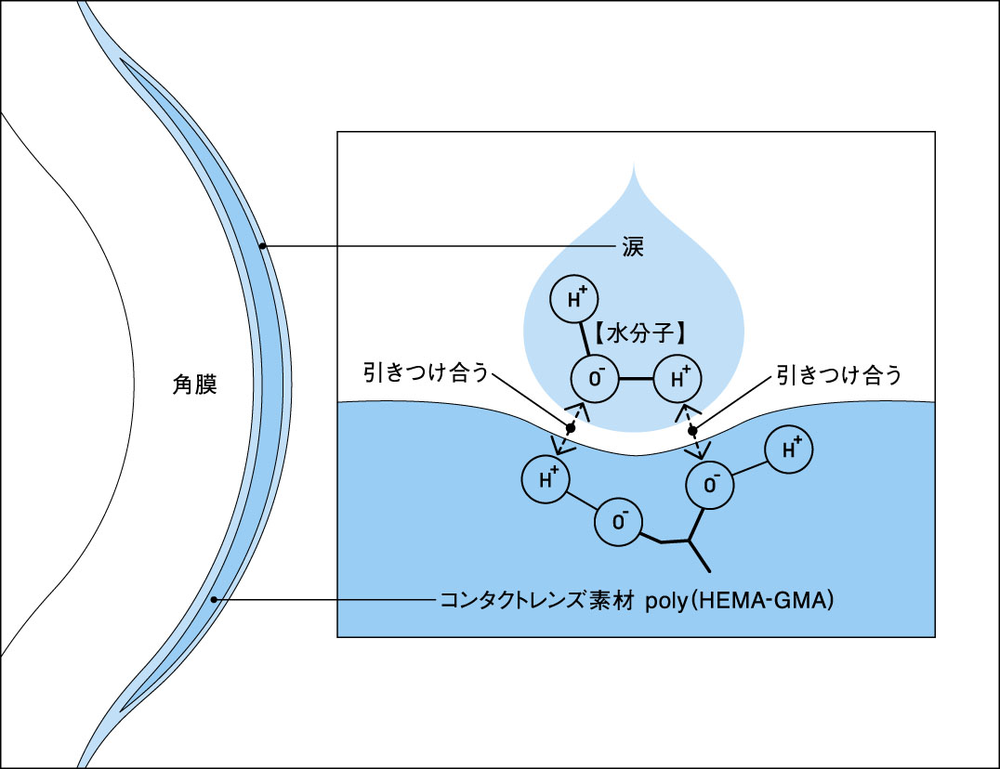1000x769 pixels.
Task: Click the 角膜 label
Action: coord(194,384)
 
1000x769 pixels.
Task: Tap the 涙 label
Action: coord(633,246)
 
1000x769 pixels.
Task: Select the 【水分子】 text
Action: coord(639,332)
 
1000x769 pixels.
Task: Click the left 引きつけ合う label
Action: coord(426,372)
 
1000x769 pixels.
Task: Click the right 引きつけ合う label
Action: coord(839,374)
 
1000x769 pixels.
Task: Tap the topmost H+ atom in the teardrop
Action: coord(574,299)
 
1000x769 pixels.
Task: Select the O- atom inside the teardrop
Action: coord(595,379)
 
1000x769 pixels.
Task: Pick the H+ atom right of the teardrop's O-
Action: coord(678,379)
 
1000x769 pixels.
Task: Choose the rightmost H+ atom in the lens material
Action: coord(790,450)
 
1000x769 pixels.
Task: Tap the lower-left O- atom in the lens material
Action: coord(618,523)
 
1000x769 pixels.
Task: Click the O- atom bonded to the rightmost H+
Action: coord(710,486)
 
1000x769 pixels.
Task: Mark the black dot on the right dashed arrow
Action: coord(692,431)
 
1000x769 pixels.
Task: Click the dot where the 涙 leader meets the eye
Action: coord(263,246)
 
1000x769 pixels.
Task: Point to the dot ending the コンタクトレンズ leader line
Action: coord(215,599)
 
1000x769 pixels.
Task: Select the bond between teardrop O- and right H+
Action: coord(637,379)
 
